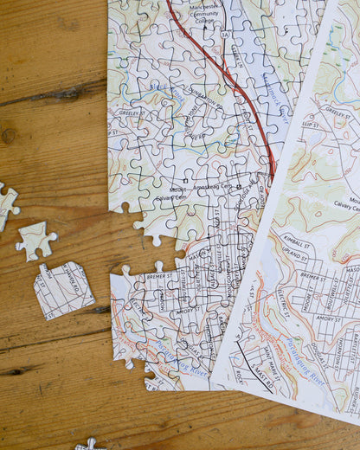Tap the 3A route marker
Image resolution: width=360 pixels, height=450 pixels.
[x=225, y=34]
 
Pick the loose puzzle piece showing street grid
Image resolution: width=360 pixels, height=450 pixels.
[x=62, y=290]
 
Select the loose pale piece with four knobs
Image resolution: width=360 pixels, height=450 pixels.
[x=35, y=240]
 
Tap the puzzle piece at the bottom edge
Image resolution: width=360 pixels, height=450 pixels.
[x=90, y=444]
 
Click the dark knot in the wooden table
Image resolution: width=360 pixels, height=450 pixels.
[x=9, y=135]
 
